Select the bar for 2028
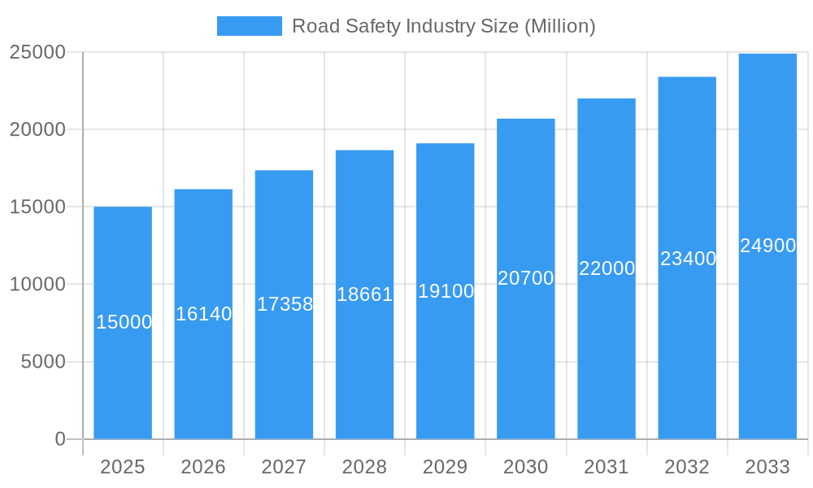(x=364, y=366)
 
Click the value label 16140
(x=203, y=314)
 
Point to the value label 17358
(x=285, y=304)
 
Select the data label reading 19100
(x=446, y=291)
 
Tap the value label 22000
(x=606, y=268)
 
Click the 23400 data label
(x=688, y=259)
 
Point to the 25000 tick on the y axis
(x=37, y=52)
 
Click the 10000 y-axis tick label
(x=37, y=285)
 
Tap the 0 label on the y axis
(x=60, y=439)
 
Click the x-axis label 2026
(x=203, y=467)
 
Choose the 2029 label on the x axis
(x=446, y=467)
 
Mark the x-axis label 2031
(x=606, y=467)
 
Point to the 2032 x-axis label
(x=687, y=467)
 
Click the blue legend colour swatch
(x=249, y=26)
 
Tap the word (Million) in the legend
(x=559, y=26)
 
